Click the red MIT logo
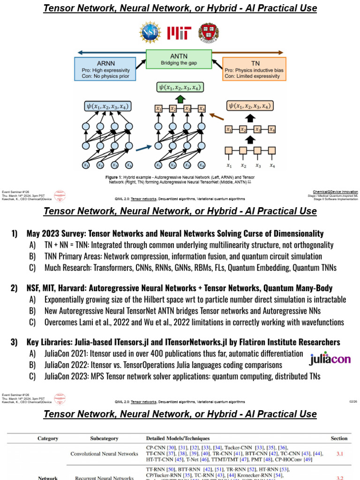tap(179, 33)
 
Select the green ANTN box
tap(179, 59)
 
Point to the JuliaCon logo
tap(330, 359)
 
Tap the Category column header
tap(48, 439)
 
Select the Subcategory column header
tap(105, 439)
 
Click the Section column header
tap(339, 439)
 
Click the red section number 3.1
tap(339, 454)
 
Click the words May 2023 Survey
tap(52, 233)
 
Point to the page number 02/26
tap(353, 402)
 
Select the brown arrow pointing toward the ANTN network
tap(216, 116)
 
